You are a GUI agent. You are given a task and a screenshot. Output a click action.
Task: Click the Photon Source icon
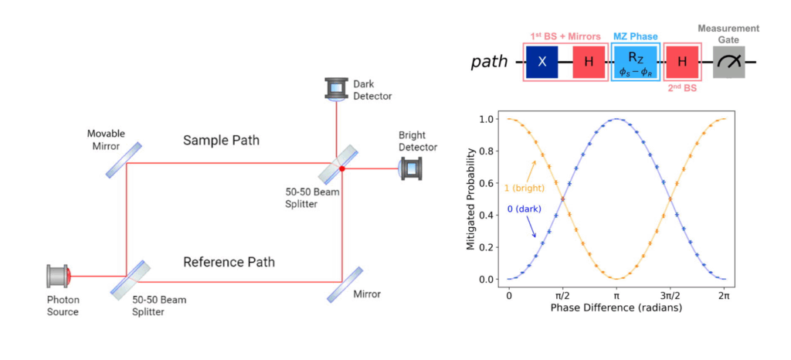tap(59, 275)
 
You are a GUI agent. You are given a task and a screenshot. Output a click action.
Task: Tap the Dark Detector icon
tap(336, 88)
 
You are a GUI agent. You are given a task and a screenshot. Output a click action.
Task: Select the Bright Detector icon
tap(409, 168)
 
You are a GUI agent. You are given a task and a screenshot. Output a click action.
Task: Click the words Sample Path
tap(222, 141)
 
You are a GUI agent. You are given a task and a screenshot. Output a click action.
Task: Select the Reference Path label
tap(229, 262)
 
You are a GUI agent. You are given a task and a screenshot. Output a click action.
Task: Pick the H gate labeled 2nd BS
tap(682, 61)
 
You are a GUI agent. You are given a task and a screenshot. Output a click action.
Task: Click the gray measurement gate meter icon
tap(729, 61)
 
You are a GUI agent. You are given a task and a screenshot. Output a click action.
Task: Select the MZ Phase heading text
tap(636, 36)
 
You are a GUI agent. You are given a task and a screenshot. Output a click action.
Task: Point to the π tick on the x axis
tap(616, 296)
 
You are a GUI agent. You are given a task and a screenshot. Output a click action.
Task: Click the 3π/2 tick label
tap(670, 296)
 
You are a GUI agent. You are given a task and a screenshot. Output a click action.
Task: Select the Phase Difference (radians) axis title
tap(616, 308)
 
